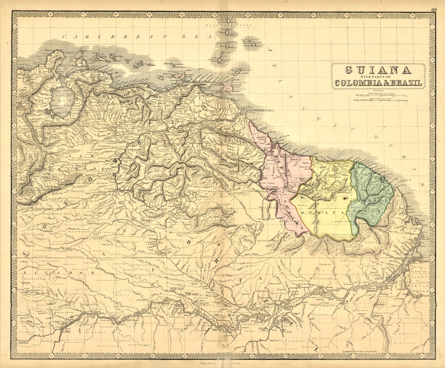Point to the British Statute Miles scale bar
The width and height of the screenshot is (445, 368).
click(x=380, y=95)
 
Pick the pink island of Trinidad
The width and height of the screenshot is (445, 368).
click(x=228, y=86)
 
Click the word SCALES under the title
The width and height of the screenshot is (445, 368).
click(x=378, y=91)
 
